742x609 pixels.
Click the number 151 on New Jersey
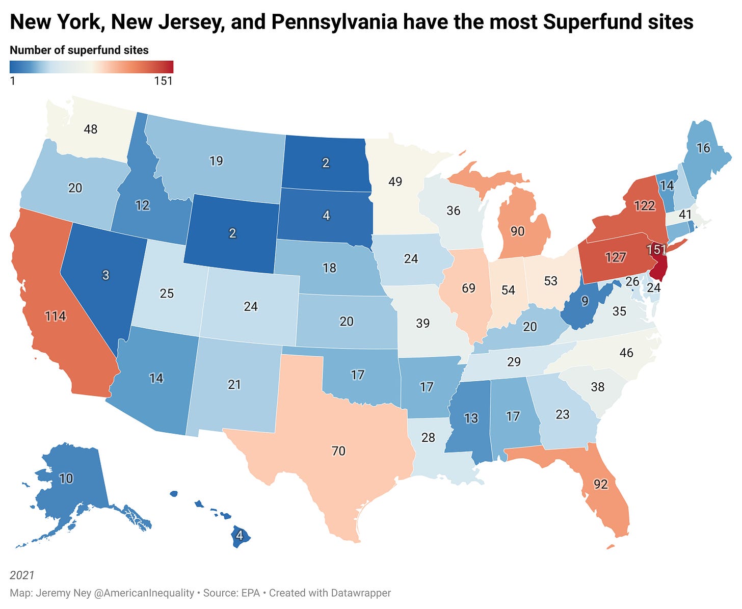point(656,250)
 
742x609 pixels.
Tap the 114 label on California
point(55,316)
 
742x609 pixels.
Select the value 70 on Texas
point(338,451)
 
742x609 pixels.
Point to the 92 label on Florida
point(601,484)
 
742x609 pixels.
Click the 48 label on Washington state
point(91,129)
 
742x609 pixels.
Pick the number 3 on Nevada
point(105,275)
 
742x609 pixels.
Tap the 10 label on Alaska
point(66,478)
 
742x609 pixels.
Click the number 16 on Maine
point(703,148)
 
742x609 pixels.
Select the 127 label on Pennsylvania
point(616,257)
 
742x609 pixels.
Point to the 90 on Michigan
point(517,231)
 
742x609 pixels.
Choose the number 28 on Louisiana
point(428,437)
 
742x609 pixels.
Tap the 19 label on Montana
point(216,161)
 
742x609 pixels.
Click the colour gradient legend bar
point(91,67)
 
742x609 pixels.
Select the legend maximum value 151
point(164,81)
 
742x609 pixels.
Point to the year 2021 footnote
point(22,575)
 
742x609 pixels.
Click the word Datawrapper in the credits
point(361,593)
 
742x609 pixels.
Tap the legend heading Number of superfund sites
point(79,50)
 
